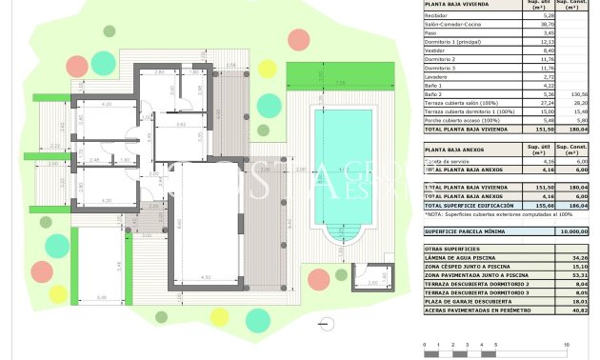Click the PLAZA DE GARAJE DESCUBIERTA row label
click(x=470, y=301)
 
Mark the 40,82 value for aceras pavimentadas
click(x=577, y=310)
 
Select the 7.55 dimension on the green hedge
click(x=340, y=83)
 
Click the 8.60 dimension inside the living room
click(x=181, y=225)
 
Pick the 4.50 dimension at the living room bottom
click(x=206, y=277)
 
